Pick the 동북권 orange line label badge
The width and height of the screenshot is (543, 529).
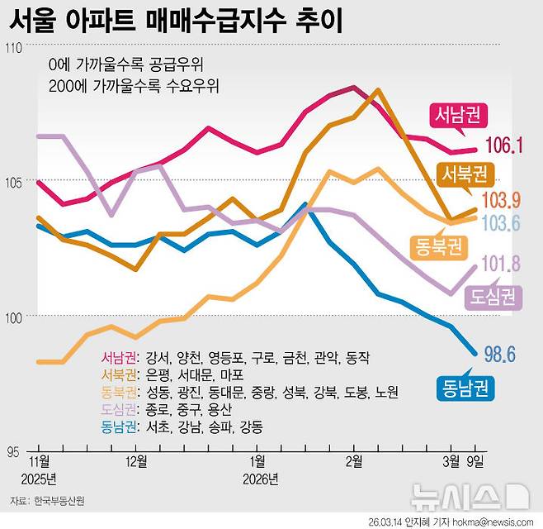[437, 245]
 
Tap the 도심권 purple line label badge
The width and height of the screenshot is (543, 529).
[494, 296]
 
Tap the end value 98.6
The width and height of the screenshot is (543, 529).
[499, 355]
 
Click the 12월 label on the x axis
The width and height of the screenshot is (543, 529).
[136, 461]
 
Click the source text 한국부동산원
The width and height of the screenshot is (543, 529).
[59, 501]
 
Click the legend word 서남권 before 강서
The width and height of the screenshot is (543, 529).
[120, 358]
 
